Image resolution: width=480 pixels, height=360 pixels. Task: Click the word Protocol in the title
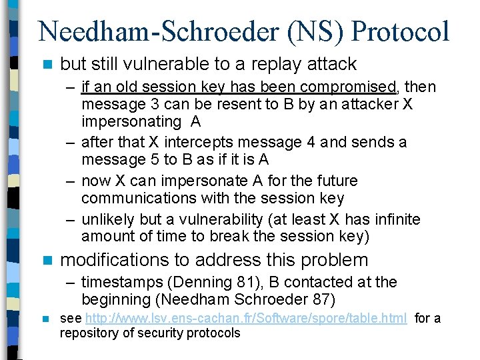(x=401, y=32)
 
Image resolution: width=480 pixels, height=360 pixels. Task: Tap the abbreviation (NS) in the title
(x=311, y=32)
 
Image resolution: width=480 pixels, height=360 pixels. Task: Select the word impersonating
(x=131, y=121)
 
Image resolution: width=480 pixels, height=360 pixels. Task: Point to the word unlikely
(x=107, y=219)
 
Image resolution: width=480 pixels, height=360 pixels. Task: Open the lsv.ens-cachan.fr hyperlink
(x=246, y=318)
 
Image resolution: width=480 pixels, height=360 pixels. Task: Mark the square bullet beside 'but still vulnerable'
(x=45, y=65)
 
